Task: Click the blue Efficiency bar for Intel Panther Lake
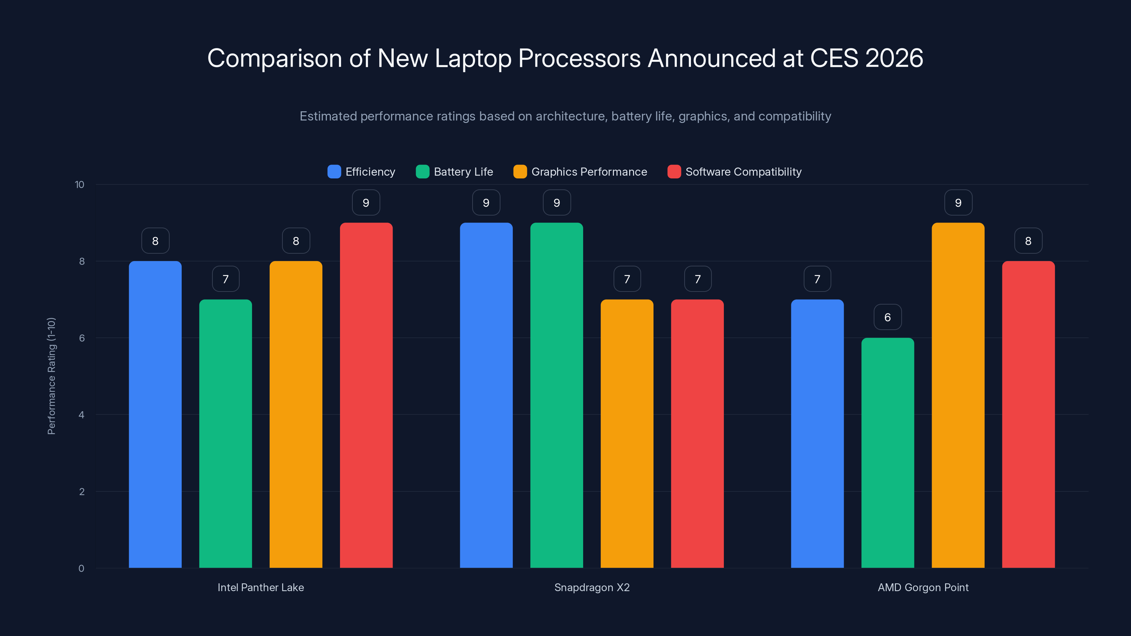(155, 415)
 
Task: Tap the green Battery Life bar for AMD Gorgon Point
(887, 453)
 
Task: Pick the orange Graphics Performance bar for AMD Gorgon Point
(958, 395)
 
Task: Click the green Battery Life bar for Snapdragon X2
(556, 395)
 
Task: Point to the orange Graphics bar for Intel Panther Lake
(295, 415)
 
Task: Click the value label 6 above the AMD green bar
(887, 317)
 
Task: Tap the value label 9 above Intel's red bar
(366, 202)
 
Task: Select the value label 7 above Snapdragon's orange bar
(627, 279)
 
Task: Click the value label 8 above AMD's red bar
(1028, 241)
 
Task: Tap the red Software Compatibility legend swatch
(674, 172)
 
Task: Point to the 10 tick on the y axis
(80, 184)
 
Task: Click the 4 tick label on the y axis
(81, 415)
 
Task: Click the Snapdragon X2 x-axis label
(592, 587)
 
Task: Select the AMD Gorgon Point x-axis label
(923, 587)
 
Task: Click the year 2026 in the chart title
(894, 58)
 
